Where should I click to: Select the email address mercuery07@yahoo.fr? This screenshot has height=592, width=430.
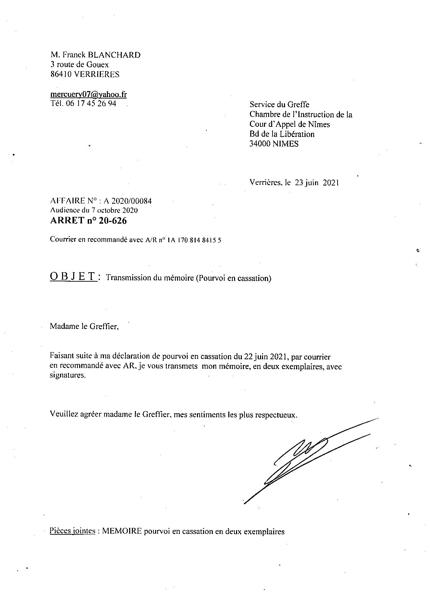88,94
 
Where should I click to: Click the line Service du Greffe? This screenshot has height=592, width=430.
279,105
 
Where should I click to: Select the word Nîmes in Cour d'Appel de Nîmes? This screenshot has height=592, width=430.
319,124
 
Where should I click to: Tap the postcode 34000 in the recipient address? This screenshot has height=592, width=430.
260,144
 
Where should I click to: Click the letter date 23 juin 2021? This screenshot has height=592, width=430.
317,183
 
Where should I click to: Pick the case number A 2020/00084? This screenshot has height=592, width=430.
127,201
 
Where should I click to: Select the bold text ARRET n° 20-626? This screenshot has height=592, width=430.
88,221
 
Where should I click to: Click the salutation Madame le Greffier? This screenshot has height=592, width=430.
84,326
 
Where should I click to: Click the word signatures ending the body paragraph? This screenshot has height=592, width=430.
67,375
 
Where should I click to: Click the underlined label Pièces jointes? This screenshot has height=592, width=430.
72,531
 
